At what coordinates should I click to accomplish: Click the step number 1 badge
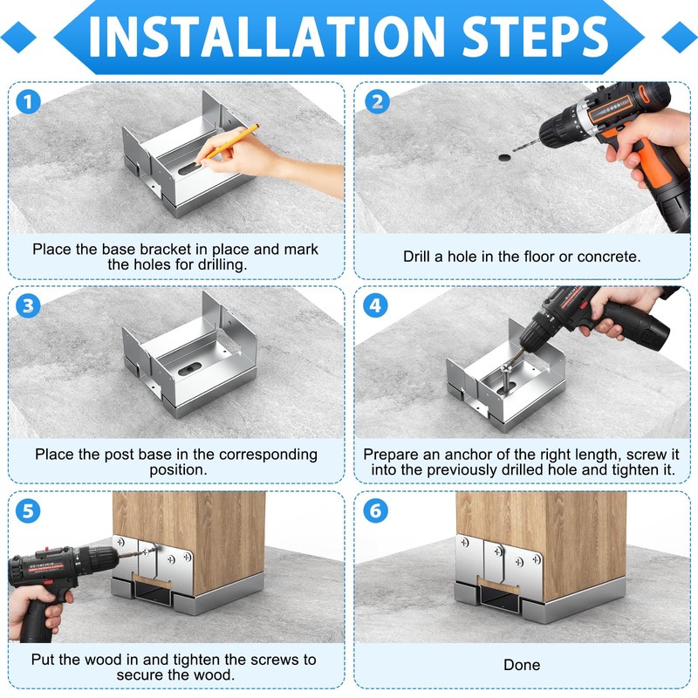[x=28, y=102]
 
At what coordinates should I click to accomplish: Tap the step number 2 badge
[x=377, y=102]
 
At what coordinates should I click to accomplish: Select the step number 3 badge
[x=28, y=306]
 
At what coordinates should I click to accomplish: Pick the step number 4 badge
[x=375, y=306]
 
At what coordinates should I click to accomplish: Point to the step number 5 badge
[x=28, y=510]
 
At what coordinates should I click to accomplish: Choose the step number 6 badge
[x=375, y=510]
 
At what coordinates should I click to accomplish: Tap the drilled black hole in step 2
[x=505, y=158]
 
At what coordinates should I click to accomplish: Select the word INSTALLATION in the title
[x=267, y=37]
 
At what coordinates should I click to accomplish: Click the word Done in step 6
[x=522, y=665]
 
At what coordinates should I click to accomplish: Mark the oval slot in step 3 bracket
[x=189, y=368]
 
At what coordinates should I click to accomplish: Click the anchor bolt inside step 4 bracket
[x=507, y=379]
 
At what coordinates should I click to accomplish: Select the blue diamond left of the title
[x=18, y=38]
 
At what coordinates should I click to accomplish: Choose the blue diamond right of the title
[x=680, y=38]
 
